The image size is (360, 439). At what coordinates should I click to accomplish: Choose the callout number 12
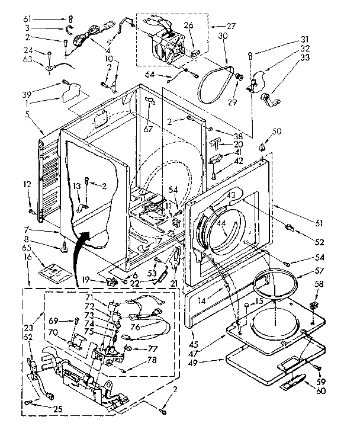click(x=27, y=185)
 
